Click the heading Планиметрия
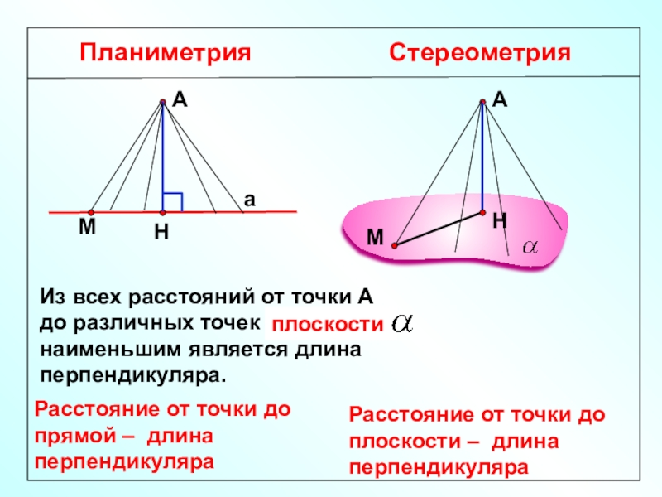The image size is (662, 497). tap(165, 55)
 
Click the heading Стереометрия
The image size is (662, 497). tap(481, 55)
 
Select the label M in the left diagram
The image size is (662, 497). tap(87, 226)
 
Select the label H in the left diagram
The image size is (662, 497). tap(161, 234)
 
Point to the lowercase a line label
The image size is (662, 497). tap(248, 200)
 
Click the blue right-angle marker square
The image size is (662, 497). tap(172, 201)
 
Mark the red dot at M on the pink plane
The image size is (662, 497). tap(396, 246)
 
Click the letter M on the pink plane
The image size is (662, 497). tap(377, 238)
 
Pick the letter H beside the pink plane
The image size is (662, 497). tap(499, 221)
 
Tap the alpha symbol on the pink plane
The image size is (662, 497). tap(529, 247)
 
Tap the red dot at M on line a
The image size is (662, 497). tap(91, 211)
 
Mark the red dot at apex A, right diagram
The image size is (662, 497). tap(483, 102)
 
